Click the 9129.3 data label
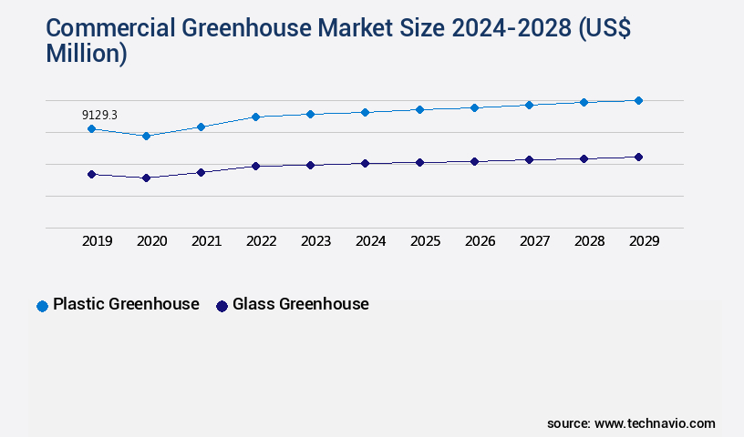point(99,115)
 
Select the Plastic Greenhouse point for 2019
point(91,129)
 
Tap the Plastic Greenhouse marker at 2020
point(146,136)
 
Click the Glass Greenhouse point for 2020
point(146,178)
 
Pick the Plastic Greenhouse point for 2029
point(638,100)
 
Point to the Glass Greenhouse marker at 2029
point(638,157)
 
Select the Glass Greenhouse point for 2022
point(255,166)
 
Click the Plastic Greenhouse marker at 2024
point(365,112)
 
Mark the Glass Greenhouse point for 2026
point(474,161)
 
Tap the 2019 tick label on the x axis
point(97,241)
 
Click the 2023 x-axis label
point(315,241)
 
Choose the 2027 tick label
point(534,241)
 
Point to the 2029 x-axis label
point(644,241)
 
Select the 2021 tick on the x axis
point(206,241)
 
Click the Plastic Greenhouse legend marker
point(42,306)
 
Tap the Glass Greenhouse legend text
point(300,304)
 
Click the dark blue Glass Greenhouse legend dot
point(222,306)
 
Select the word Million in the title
point(87,54)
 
